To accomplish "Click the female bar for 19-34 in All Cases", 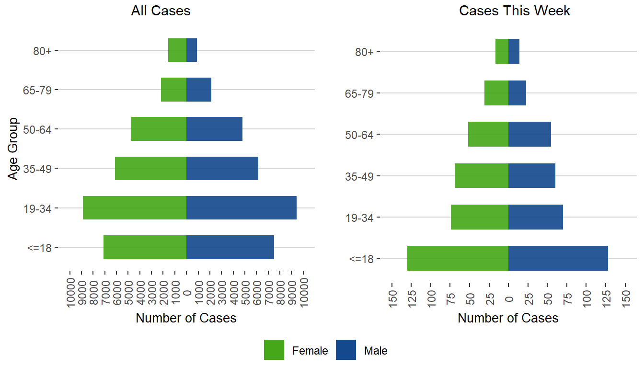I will coord(135,208).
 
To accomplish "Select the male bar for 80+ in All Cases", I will coord(192,50).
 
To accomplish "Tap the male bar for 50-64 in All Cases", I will coord(214,129).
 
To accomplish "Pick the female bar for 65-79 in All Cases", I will coord(173,90).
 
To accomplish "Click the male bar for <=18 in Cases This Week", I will coord(558,258).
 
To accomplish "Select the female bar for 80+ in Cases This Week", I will coord(502,51).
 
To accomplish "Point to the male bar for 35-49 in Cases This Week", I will coord(532,175).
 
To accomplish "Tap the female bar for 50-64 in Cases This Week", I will coord(488,134).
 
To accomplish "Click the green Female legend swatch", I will coord(274,350).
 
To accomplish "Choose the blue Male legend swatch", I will coord(346,350).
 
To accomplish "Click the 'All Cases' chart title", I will coord(161,11).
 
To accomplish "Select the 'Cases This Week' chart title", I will coord(515,11).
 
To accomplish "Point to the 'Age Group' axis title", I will coord(13,149).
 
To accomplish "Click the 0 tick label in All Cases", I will coord(187,293).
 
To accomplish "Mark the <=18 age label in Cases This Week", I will coord(361,259).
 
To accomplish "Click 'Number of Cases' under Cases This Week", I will coord(508,318).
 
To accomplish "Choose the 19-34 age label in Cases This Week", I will coord(359,217).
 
